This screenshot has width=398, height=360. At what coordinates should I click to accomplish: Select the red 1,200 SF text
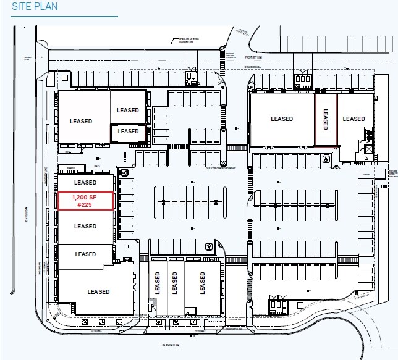tap(85, 197)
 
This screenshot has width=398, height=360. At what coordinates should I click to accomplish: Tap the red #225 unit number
tap(85, 206)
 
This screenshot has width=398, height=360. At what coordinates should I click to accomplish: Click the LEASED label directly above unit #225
tap(85, 183)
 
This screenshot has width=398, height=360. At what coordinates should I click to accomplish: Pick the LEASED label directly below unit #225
tap(85, 227)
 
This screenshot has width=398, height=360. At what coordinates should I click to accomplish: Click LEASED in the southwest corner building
tap(98, 291)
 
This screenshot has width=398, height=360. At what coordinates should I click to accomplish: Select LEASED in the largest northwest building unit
tap(81, 122)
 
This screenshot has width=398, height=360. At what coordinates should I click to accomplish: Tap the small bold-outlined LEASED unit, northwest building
tap(129, 132)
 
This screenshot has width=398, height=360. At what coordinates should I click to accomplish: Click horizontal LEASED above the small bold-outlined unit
tap(129, 110)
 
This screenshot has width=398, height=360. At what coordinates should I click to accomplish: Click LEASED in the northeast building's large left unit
tap(282, 119)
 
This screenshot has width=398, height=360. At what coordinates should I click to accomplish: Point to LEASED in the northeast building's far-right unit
tap(354, 119)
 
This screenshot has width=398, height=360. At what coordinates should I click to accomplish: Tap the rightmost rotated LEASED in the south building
tap(203, 283)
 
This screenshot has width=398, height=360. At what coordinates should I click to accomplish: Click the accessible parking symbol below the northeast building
tap(326, 157)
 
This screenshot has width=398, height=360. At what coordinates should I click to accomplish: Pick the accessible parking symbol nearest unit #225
tap(125, 174)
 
